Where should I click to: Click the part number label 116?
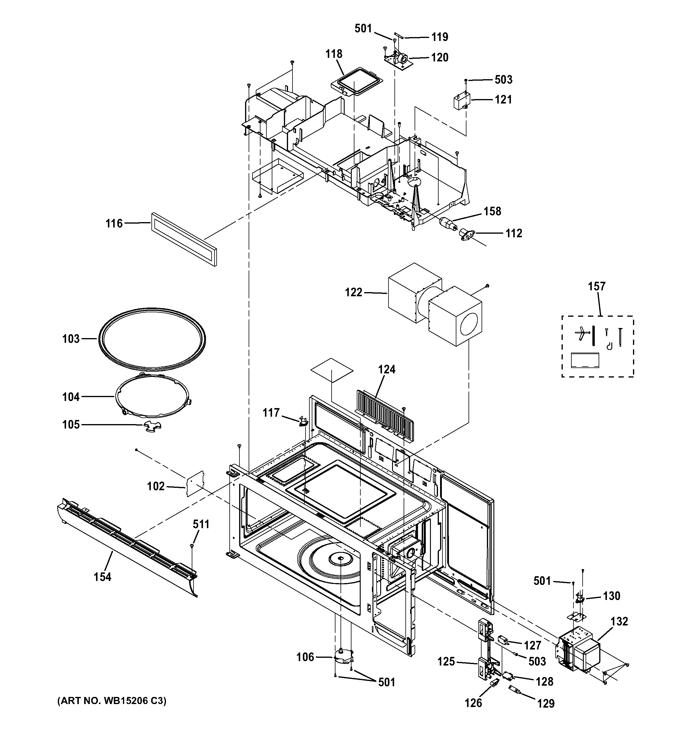[x=113, y=223]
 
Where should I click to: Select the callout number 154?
[x=102, y=577]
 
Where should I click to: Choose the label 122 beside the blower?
[x=353, y=292]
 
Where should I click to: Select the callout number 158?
[x=493, y=211]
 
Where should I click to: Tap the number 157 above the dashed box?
[x=597, y=286]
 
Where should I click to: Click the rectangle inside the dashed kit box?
[x=585, y=360]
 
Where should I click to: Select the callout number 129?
[x=546, y=704]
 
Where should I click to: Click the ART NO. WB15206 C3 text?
[x=112, y=701]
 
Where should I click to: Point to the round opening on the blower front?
[x=469, y=324]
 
